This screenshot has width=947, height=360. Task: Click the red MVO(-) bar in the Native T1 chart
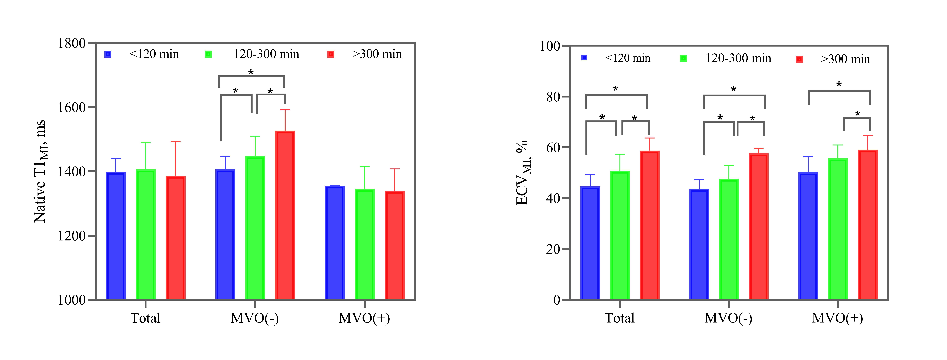[x=285, y=215]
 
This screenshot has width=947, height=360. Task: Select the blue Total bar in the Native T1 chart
[x=116, y=235]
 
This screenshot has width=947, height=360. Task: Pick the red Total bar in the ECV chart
[x=650, y=225]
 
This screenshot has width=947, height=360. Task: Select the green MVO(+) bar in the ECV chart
[x=838, y=229]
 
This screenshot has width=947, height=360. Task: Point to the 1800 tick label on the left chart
[x=72, y=43]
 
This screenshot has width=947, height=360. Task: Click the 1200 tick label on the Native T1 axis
[x=72, y=236]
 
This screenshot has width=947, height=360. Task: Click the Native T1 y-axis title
[x=40, y=171]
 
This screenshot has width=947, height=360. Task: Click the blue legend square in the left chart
[x=108, y=54]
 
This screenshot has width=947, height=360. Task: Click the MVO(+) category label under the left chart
[x=364, y=318]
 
